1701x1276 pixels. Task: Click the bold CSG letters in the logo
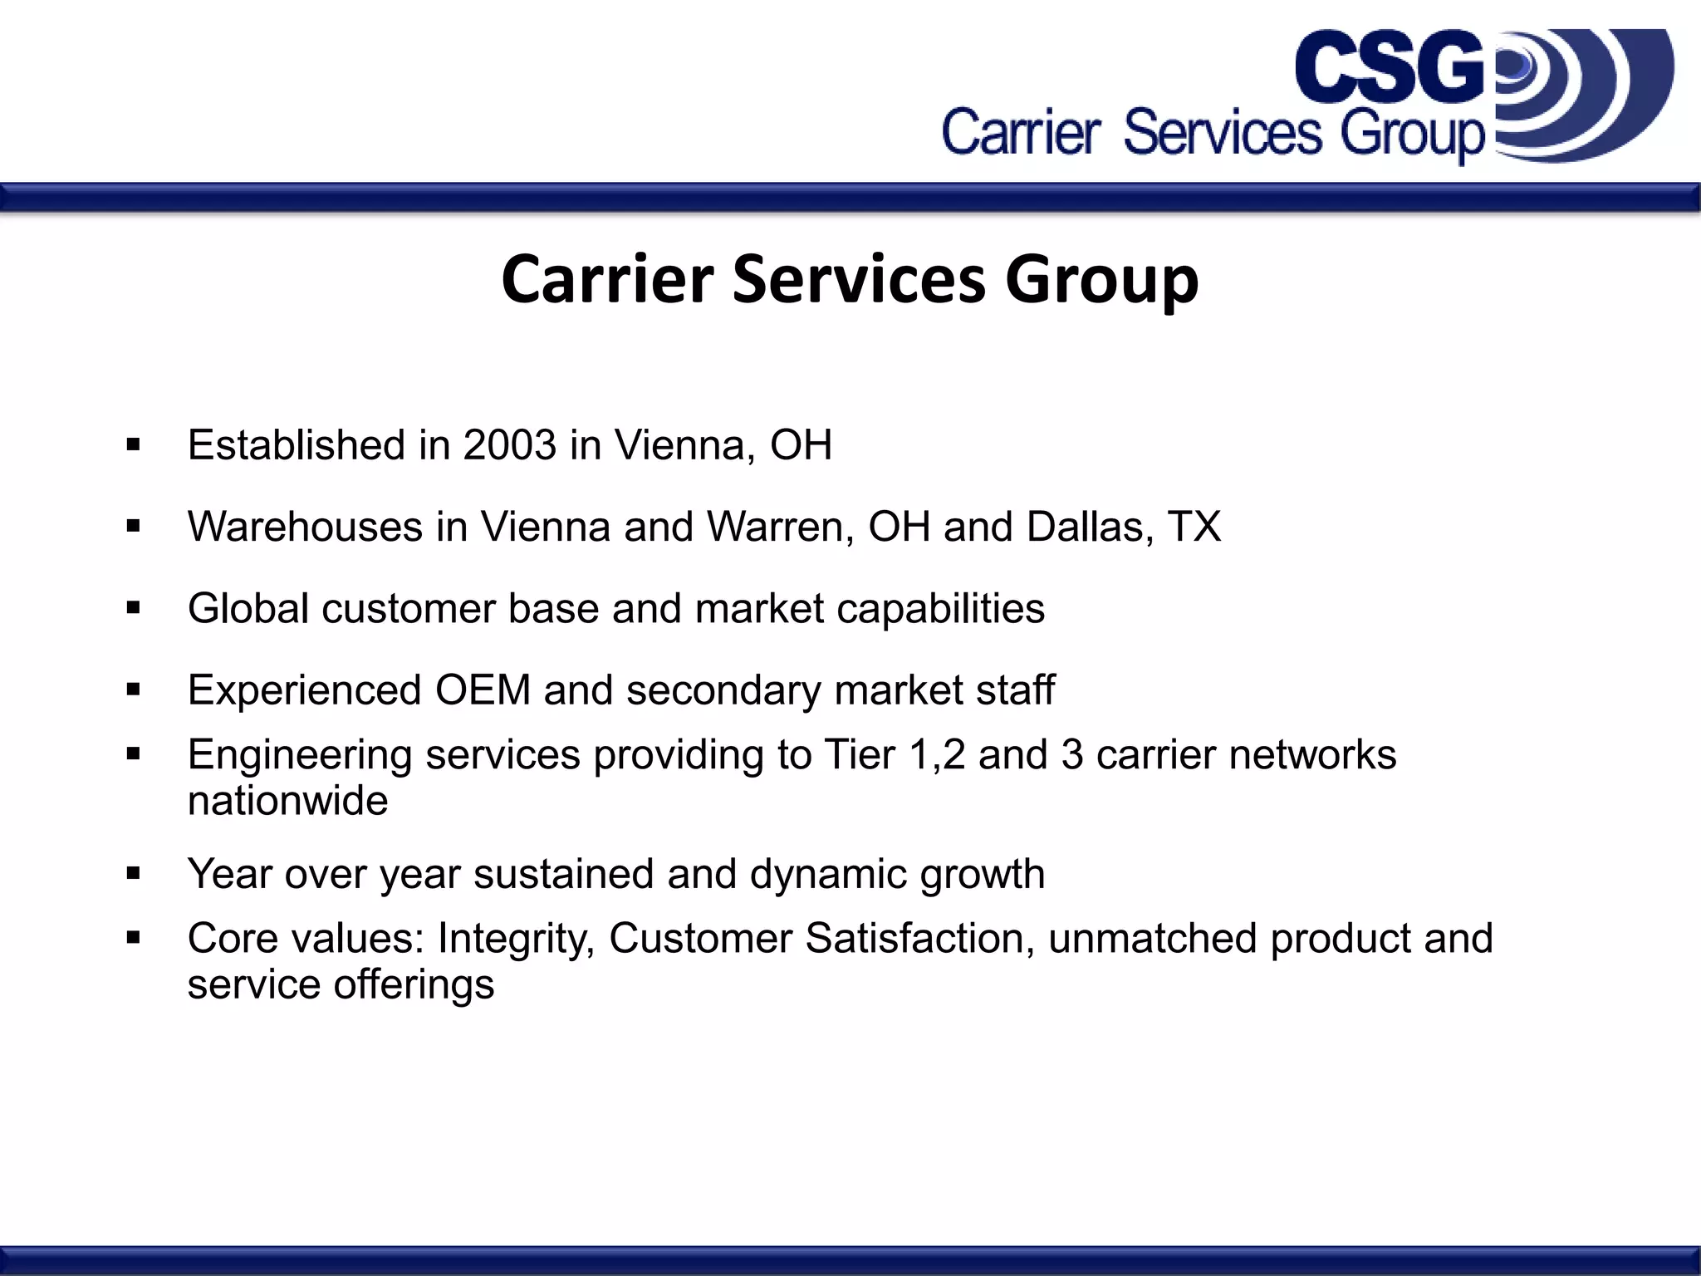pyautogui.click(x=1389, y=66)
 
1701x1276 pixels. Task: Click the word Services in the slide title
pyautogui.click(x=859, y=279)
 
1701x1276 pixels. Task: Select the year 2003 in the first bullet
pyautogui.click(x=509, y=445)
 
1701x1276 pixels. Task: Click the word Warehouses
pyautogui.click(x=305, y=527)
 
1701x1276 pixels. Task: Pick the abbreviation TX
pyautogui.click(x=1194, y=527)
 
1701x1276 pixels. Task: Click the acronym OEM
pyautogui.click(x=483, y=690)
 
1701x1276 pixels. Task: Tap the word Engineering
pyautogui.click(x=300, y=756)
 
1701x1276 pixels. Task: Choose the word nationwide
pyautogui.click(x=287, y=801)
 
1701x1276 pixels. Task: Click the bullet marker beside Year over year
pyautogui.click(x=133, y=873)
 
